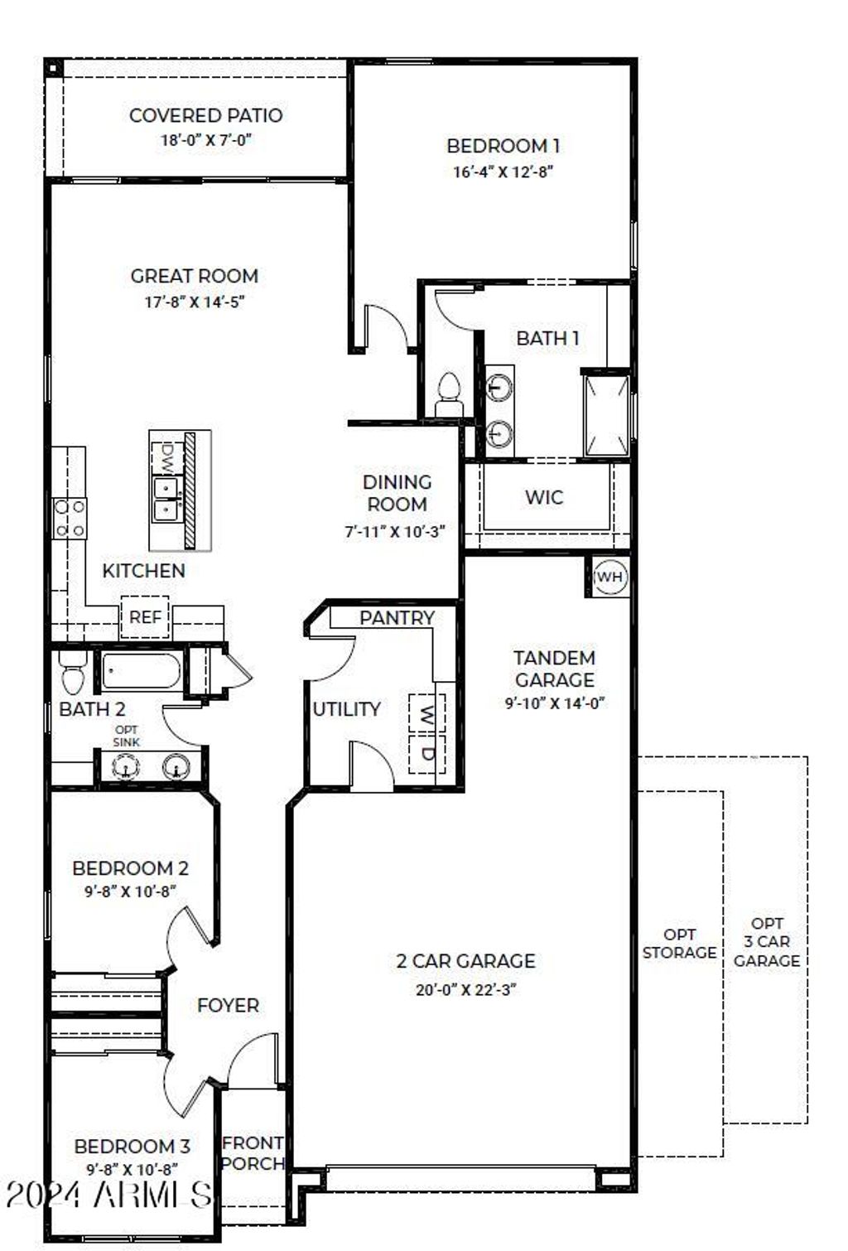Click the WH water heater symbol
(x=609, y=577)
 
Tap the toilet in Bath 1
(x=449, y=394)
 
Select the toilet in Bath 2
(x=74, y=671)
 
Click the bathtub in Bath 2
(x=141, y=671)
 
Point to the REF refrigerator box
(x=145, y=617)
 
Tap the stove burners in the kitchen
(x=69, y=519)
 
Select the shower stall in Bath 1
(x=606, y=415)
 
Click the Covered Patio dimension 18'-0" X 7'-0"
(x=205, y=140)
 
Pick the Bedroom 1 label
(x=503, y=146)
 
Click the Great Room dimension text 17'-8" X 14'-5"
(x=195, y=302)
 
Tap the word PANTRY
(x=397, y=618)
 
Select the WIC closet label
(x=544, y=497)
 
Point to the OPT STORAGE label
(x=679, y=944)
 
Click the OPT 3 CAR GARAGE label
(x=767, y=942)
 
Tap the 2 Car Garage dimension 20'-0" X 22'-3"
(x=465, y=989)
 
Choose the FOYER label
(x=228, y=1005)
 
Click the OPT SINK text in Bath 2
(x=127, y=737)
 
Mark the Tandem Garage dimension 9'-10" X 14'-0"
(x=555, y=703)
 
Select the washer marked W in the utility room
(x=426, y=712)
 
